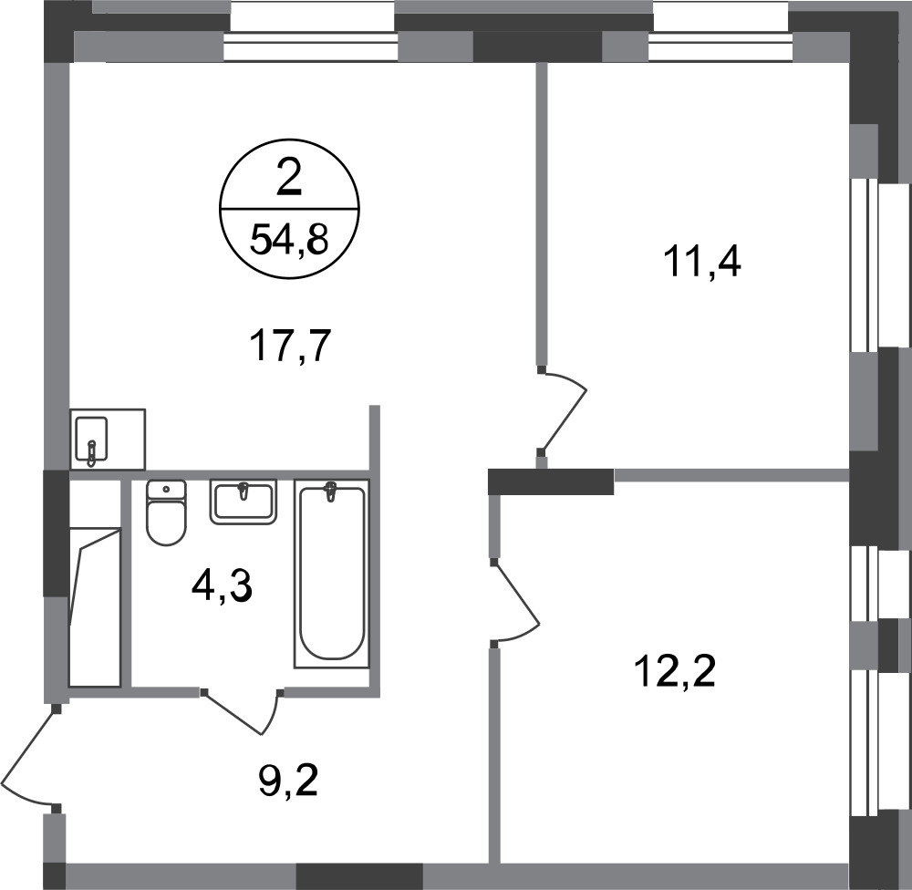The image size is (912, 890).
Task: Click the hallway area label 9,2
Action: pyautogui.click(x=288, y=781)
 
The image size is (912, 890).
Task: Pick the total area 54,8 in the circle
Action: pyautogui.click(x=289, y=240)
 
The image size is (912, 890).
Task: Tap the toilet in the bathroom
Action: pyautogui.click(x=166, y=512)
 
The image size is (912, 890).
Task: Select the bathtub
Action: pyautogui.click(x=332, y=573)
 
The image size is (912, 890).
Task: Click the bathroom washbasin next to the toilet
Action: pyautogui.click(x=244, y=502)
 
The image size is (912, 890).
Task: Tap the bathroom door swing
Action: pyautogui.click(x=242, y=712)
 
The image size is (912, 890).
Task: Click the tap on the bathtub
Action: pyautogui.click(x=331, y=491)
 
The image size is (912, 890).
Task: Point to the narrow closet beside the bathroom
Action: pyautogui.click(x=96, y=583)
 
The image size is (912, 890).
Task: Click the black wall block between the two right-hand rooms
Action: pyautogui.click(x=551, y=481)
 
